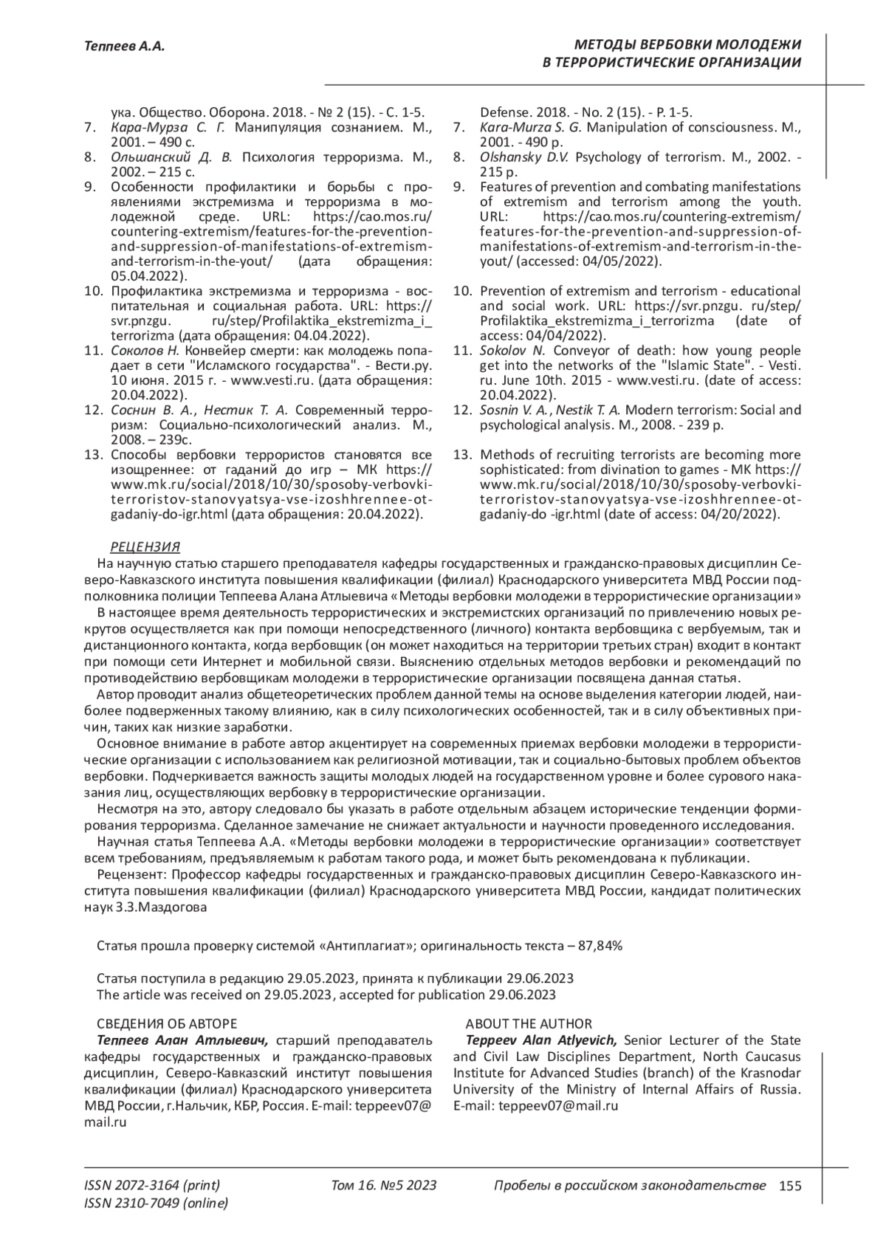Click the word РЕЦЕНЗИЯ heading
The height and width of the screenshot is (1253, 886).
point(145,546)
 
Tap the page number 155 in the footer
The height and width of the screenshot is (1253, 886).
point(789,1186)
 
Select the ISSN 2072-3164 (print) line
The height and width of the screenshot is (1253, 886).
point(152,1186)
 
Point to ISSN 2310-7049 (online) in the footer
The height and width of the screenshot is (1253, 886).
point(156,1204)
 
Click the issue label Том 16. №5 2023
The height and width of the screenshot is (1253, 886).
point(384,1186)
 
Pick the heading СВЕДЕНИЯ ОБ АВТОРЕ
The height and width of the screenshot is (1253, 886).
point(167,1023)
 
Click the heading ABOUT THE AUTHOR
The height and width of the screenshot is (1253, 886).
point(528,1023)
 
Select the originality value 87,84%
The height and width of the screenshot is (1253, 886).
point(598,945)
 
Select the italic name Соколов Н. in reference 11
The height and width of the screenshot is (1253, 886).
point(144,350)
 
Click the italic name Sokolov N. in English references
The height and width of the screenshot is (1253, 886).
point(512,350)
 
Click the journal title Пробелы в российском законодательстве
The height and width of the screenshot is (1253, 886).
point(629,1186)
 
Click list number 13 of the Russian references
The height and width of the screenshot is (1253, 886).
point(93,455)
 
